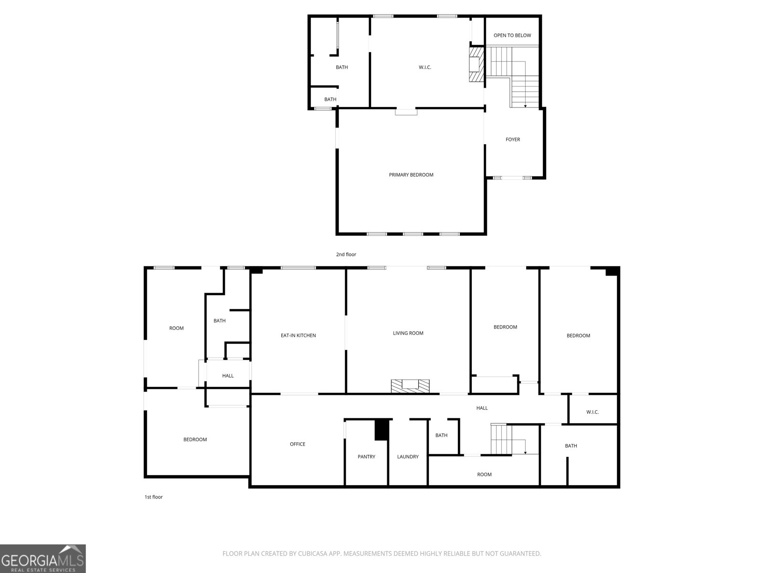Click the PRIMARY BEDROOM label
coord(411,175)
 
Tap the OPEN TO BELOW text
coord(512,35)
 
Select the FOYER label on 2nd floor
coord(512,139)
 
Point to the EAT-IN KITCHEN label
coord(298,336)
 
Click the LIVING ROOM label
coord(408,333)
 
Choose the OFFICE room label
coord(297,444)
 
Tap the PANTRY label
coord(366,457)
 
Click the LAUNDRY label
coord(407,457)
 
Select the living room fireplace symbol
coord(410,386)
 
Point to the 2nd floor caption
coord(346,255)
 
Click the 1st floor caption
coord(153,497)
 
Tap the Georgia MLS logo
coord(42,559)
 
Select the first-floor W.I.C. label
coord(592,412)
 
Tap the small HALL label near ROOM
coord(228,376)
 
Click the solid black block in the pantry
coord(382,429)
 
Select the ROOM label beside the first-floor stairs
coord(484,475)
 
